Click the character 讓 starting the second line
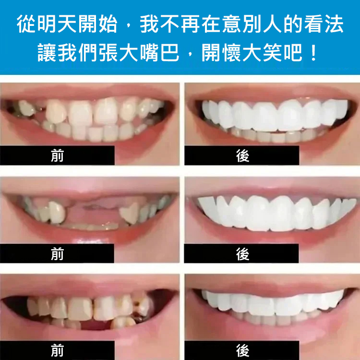[x=47, y=53]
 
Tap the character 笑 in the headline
[x=272, y=53]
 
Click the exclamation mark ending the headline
[x=313, y=53]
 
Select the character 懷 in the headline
[x=231, y=53]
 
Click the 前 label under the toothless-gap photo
[x=57, y=254]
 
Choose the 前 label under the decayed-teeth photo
[x=57, y=350]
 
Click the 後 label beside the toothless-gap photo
[x=243, y=254]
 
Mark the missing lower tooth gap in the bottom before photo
[x=96, y=324]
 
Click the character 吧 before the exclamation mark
[x=293, y=53]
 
